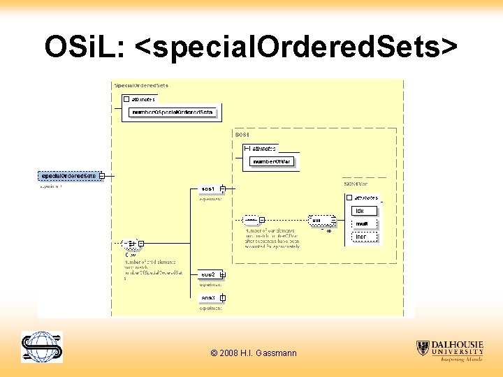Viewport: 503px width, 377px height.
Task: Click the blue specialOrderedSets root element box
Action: pos(68,176)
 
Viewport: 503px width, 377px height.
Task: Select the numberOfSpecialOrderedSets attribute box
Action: pos(173,112)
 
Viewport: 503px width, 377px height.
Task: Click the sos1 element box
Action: pos(208,189)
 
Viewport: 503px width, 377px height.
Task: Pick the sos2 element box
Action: pos(208,274)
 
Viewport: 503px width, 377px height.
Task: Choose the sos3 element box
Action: pos(208,298)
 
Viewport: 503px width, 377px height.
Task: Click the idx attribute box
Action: pos(364,211)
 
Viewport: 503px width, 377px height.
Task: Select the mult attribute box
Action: pos(364,223)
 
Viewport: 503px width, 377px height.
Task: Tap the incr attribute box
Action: pos(364,237)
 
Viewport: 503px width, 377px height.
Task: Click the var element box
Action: pos(320,221)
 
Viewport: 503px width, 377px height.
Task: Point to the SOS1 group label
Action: pos(242,133)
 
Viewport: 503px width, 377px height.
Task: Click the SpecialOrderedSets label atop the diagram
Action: pos(141,86)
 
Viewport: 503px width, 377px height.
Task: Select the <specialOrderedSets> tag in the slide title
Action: pos(296,47)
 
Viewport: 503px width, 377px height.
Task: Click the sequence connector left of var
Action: pos(251,221)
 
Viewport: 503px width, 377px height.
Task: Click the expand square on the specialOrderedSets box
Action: pos(102,176)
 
